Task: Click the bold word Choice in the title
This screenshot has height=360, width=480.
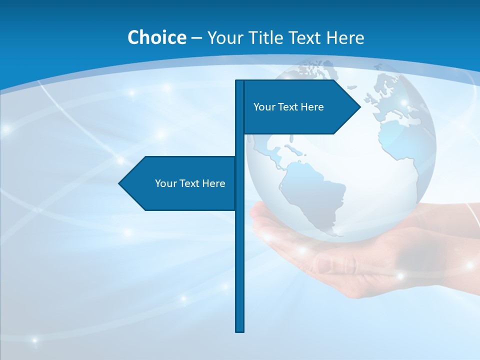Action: pyautogui.click(x=156, y=37)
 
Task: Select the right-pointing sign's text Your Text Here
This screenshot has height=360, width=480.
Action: pyautogui.click(x=288, y=107)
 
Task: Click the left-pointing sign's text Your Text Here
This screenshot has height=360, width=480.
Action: pyautogui.click(x=190, y=183)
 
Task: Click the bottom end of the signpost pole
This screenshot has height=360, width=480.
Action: pyautogui.click(x=239, y=330)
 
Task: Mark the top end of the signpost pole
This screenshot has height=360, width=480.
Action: pyautogui.click(x=239, y=81)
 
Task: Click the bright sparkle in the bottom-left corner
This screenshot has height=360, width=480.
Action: pyautogui.click(x=34, y=340)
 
